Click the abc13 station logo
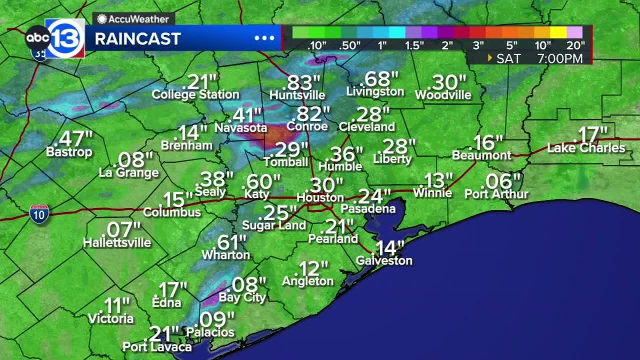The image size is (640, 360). [x=55, y=38]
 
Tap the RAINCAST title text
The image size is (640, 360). [x=137, y=39]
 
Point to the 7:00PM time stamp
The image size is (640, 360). [x=560, y=58]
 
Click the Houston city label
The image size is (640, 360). [x=320, y=197]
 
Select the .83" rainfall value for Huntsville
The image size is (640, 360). [x=303, y=82]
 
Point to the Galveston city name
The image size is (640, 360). [x=384, y=260]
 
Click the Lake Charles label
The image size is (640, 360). [x=586, y=148]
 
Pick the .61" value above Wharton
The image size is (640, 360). [x=231, y=242]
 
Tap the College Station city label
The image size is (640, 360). [x=195, y=94]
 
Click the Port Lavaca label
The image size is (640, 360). [x=157, y=347]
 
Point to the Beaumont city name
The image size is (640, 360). [x=481, y=155]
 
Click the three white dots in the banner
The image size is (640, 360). [x=264, y=38]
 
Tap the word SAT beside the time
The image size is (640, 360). [x=508, y=58]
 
